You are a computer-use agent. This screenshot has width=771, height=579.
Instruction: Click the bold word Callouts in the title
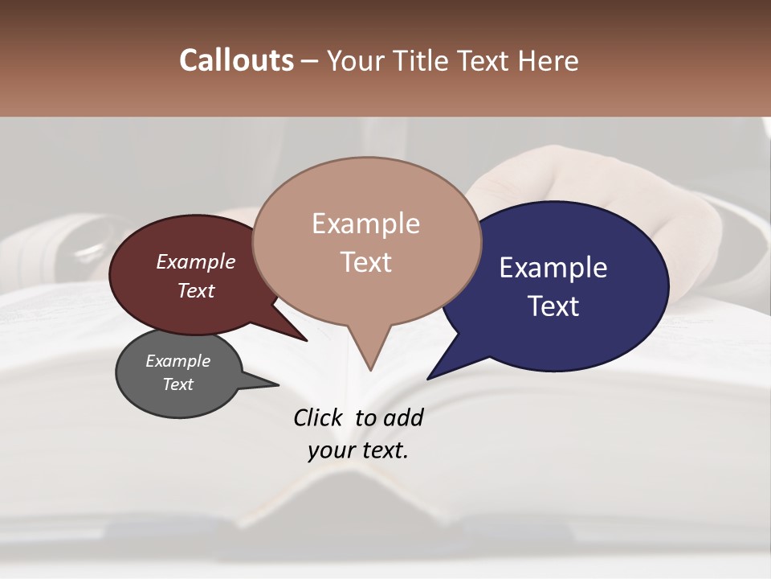tap(236, 60)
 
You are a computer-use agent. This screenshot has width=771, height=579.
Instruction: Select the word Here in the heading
tap(547, 61)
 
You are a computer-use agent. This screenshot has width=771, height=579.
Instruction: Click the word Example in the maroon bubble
tap(195, 261)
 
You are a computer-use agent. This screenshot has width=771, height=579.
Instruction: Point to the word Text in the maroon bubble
tap(195, 290)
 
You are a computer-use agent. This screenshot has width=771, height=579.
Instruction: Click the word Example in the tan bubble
tap(365, 224)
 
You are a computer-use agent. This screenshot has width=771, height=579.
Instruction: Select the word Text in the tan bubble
tap(365, 262)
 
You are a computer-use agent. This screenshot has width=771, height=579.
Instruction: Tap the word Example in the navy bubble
tap(553, 268)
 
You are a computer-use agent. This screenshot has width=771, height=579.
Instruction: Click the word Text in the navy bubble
tap(553, 306)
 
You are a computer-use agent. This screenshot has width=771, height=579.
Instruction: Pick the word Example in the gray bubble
tap(177, 361)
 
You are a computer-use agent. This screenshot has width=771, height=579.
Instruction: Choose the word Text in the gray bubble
tap(177, 384)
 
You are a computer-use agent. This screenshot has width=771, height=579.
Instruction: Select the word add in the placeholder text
tap(403, 417)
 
